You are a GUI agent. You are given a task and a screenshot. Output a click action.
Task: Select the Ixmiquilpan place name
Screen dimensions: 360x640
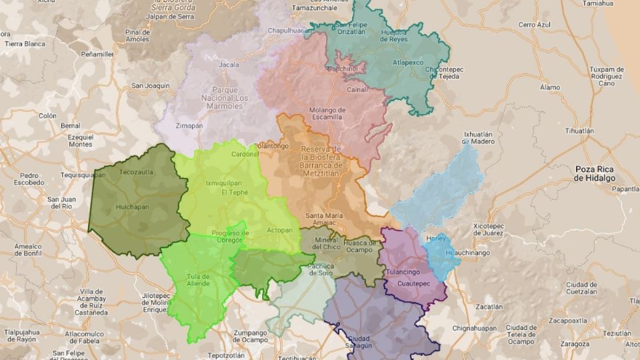223,182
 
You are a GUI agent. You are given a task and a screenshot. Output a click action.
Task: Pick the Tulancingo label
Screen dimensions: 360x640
403,272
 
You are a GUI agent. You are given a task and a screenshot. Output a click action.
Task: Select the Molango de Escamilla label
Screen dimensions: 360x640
327,113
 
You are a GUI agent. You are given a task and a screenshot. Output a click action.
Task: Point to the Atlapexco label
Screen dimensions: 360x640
408,63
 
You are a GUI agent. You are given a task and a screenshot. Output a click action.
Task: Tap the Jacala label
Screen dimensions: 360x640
229,65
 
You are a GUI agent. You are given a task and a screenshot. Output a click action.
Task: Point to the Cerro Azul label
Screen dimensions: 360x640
536,25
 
